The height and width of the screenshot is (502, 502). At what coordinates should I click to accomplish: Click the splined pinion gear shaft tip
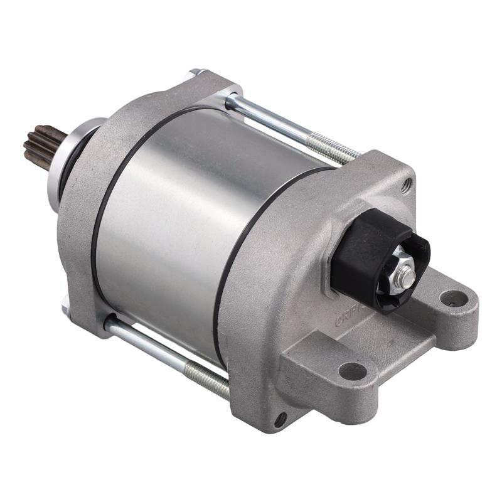(x=39, y=143)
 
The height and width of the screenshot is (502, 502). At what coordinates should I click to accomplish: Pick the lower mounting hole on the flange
(x=352, y=371)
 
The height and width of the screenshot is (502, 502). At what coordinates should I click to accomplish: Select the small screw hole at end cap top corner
(x=407, y=185)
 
